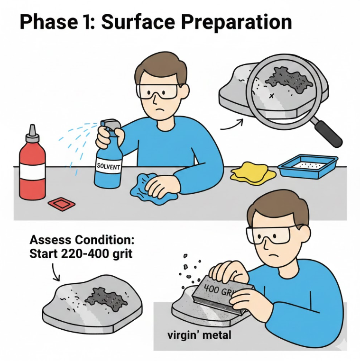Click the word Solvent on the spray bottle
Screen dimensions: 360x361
[x=108, y=166]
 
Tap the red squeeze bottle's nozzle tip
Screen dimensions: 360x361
[x=33, y=126]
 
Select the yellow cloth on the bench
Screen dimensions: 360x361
[x=253, y=173]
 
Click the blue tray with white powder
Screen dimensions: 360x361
[x=308, y=166]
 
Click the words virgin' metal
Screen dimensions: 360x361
[x=199, y=335]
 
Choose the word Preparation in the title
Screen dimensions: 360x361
[x=236, y=22]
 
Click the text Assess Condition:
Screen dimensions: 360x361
[x=82, y=240]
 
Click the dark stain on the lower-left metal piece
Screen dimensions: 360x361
[x=106, y=299]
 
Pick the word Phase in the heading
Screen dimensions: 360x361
[x=48, y=22]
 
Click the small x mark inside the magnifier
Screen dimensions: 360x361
[x=272, y=96]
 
